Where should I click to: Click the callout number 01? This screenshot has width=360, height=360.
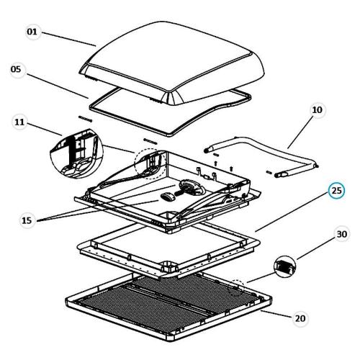point(32,32)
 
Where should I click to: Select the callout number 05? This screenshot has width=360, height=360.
point(16,69)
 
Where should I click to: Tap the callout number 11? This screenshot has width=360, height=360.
point(19,122)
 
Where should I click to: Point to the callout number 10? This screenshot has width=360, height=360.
point(317,110)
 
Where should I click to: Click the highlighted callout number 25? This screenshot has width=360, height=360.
point(336,191)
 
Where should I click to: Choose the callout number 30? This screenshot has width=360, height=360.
point(342,234)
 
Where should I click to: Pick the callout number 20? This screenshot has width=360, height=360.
point(300,318)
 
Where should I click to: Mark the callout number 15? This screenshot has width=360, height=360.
point(27,220)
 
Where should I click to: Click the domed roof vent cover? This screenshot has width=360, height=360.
point(171,65)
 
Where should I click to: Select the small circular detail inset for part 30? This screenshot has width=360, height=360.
point(284,266)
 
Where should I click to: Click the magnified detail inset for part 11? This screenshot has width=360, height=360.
point(76,154)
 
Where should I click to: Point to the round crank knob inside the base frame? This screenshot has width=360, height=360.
point(190,188)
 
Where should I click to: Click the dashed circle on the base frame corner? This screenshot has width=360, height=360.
point(150,164)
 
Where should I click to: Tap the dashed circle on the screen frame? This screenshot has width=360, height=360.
point(236,288)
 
